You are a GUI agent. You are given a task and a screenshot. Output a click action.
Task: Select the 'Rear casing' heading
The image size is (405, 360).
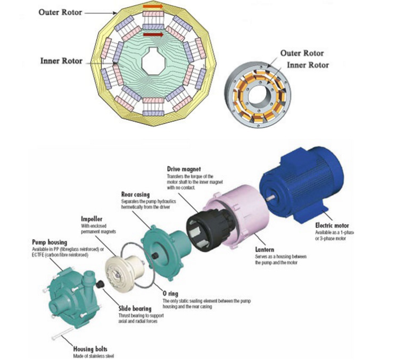click(x=136, y=195)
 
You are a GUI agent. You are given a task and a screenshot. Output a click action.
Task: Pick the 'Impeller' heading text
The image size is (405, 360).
click(x=91, y=218)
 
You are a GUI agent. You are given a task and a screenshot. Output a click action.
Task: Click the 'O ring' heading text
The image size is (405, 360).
click(x=172, y=293)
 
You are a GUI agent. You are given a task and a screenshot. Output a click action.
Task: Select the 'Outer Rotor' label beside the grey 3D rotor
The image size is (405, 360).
click(x=302, y=53)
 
